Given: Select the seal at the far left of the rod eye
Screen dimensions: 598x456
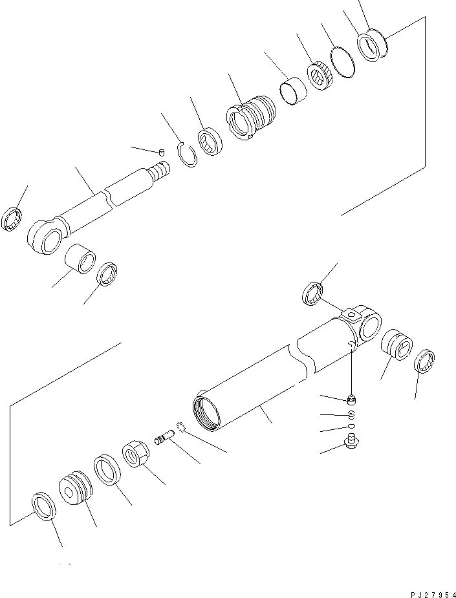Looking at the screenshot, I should click(14, 219).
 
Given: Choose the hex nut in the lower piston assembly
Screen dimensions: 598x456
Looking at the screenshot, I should click(136, 453).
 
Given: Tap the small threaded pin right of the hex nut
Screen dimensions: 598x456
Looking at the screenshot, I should click(166, 440).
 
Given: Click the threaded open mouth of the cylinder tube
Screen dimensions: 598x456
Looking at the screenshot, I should click(208, 413).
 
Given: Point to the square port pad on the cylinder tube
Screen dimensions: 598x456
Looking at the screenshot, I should click(351, 315).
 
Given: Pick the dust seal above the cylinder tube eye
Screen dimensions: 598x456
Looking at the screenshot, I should click(313, 293).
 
